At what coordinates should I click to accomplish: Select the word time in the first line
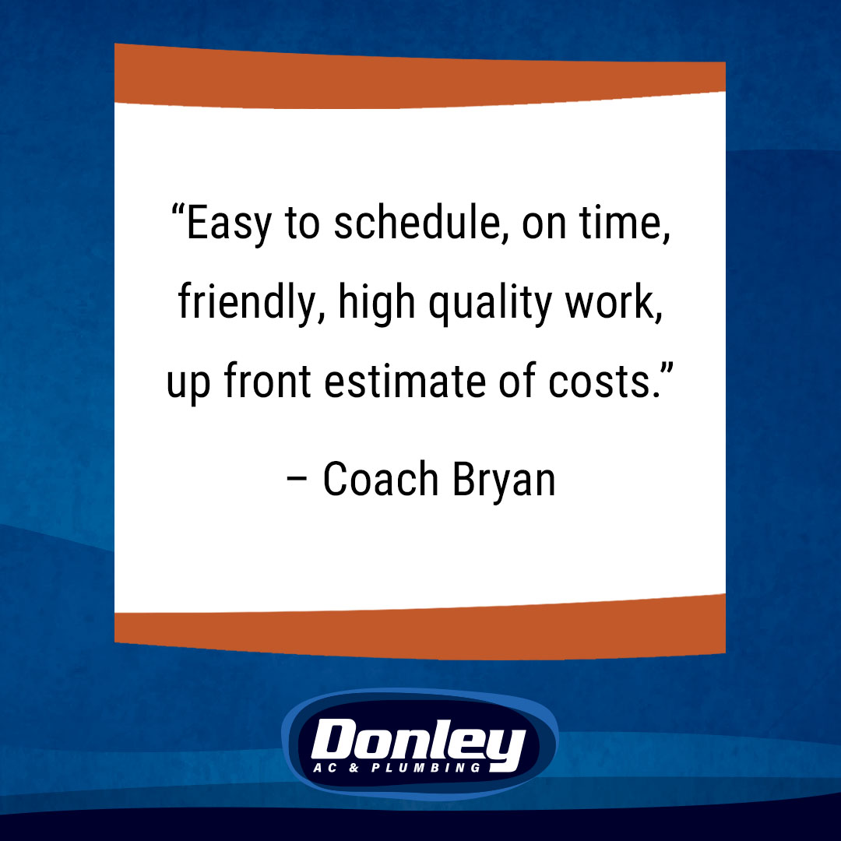coord(625,223)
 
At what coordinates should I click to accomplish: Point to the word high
coord(377,303)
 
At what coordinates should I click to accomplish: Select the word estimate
coord(405,382)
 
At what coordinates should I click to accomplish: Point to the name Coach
coord(381,479)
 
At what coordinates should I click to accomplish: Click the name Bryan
coord(504,481)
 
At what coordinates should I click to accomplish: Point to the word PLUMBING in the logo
coord(426,768)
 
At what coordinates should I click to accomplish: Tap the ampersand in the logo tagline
coord(354,768)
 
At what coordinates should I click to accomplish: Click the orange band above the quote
coord(420,79)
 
